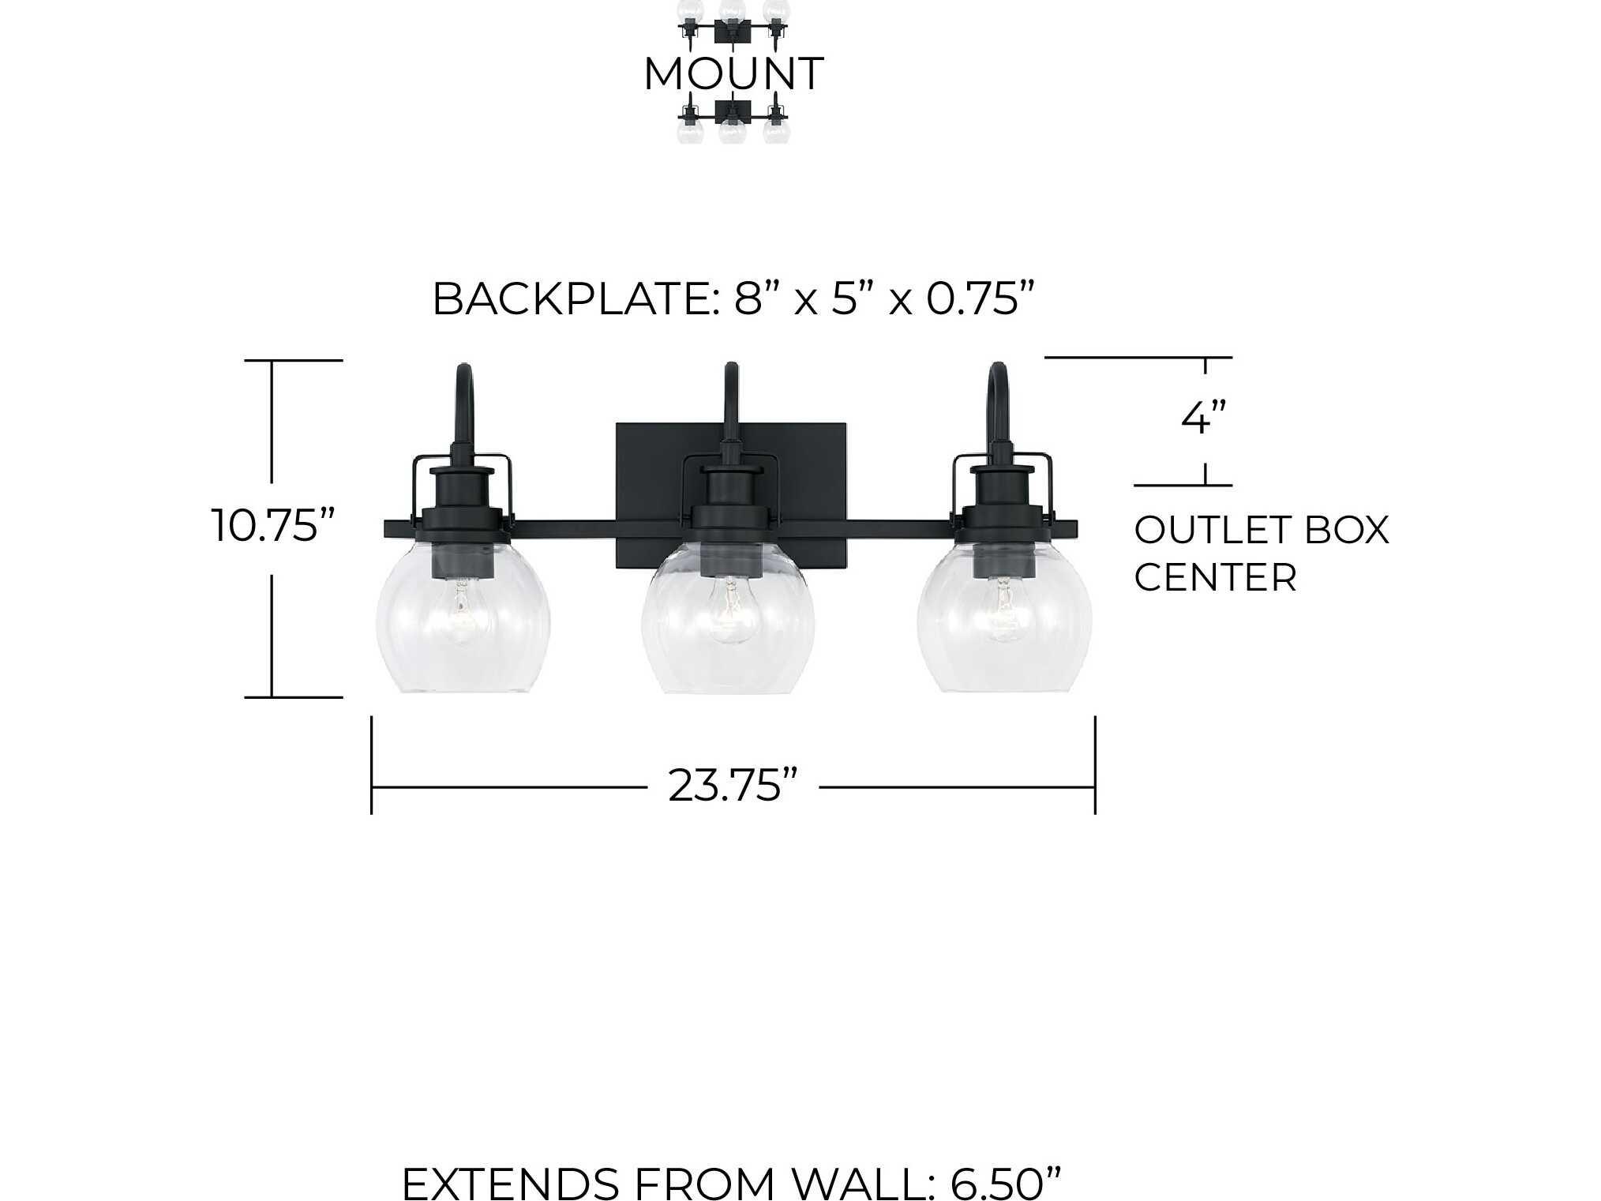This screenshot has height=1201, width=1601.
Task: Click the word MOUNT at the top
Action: (733, 74)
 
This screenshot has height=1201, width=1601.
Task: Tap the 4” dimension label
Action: (1205, 418)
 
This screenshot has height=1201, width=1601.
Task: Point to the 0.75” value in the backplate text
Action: (980, 299)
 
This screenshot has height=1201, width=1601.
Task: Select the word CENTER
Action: (1216, 577)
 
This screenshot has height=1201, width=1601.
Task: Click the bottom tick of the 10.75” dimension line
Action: (294, 697)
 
